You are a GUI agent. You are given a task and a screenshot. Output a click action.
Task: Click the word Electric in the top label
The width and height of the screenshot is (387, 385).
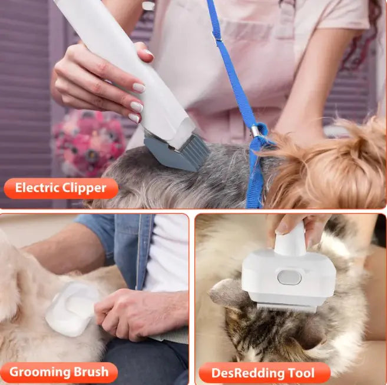(37, 188)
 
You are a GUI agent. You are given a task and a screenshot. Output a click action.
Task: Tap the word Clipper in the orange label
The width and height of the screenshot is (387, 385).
(84, 189)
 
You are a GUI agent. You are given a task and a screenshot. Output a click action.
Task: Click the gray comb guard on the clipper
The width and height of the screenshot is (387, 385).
(177, 153)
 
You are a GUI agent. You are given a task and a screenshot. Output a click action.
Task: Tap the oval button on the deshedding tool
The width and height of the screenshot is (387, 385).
(289, 277)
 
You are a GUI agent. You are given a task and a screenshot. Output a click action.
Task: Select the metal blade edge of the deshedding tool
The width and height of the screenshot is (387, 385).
(286, 308)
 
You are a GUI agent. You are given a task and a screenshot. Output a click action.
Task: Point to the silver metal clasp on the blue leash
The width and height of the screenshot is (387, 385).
(254, 132)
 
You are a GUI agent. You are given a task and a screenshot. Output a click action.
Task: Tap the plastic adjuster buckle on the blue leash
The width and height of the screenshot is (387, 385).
(216, 38)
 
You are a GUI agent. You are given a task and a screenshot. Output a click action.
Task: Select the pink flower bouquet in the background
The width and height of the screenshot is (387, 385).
(89, 143)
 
